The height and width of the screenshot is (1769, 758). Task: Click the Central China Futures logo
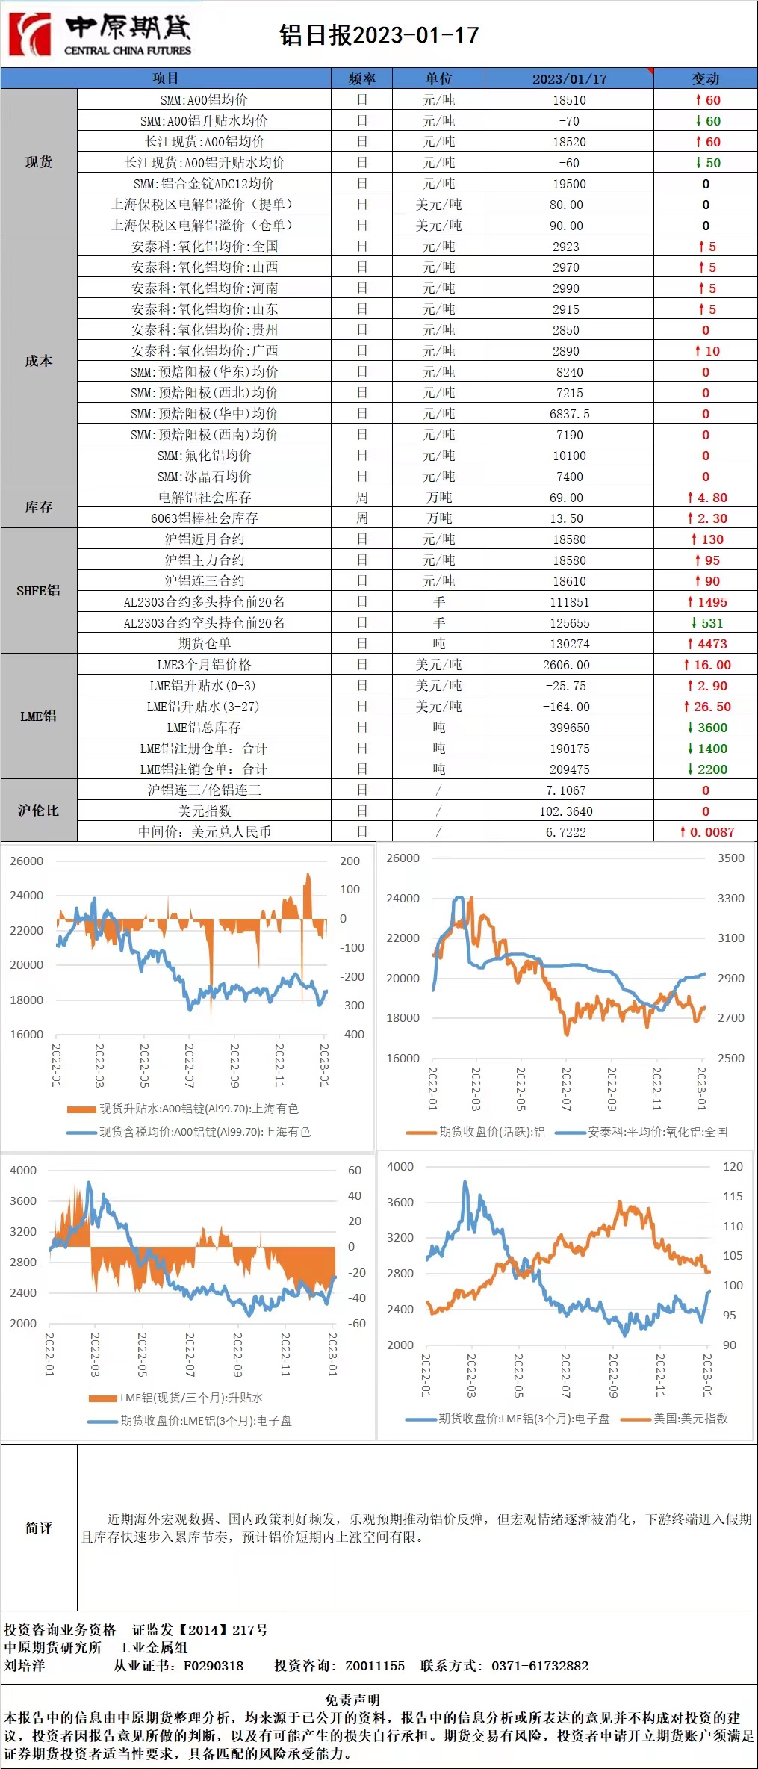coord(100,34)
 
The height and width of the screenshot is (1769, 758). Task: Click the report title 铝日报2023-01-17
coord(379,35)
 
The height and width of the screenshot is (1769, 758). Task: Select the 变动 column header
coord(705,78)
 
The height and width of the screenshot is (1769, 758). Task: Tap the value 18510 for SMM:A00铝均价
coord(569,100)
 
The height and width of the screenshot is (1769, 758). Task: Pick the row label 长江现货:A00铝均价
coord(204,142)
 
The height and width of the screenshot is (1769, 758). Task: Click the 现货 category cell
coord(39,162)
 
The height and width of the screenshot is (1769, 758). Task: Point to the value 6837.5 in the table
coord(569,414)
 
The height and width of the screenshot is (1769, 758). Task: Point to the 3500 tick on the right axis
coord(730,858)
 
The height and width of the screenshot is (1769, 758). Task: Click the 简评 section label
coord(39,1528)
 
